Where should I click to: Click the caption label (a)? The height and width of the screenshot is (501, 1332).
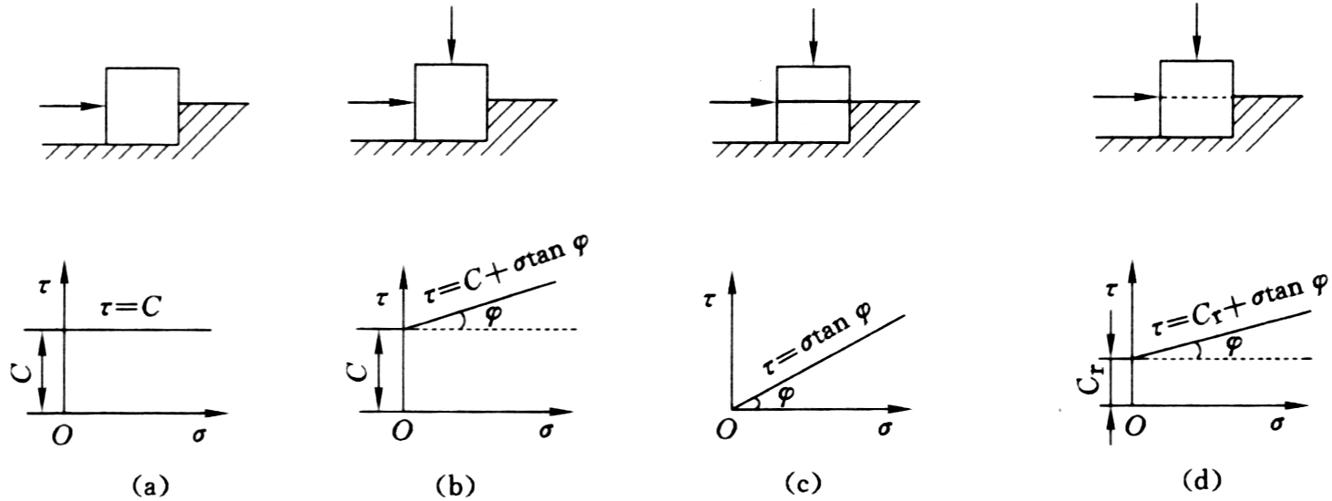tap(149, 485)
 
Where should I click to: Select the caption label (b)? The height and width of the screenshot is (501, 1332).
tap(456, 485)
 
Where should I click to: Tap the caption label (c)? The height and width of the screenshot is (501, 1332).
tap(802, 484)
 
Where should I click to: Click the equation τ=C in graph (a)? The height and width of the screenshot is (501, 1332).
tap(131, 307)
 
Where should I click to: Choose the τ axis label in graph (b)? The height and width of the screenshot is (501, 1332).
tap(382, 297)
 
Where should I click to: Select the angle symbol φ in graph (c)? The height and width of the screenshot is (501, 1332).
tap(786, 394)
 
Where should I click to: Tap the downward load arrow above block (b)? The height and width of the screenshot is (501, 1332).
tap(451, 34)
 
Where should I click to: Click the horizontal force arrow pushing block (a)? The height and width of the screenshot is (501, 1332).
tap(72, 107)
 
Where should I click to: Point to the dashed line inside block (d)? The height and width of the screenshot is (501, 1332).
tap(1196, 97)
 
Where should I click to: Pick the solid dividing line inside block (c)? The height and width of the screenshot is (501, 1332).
tap(813, 102)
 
